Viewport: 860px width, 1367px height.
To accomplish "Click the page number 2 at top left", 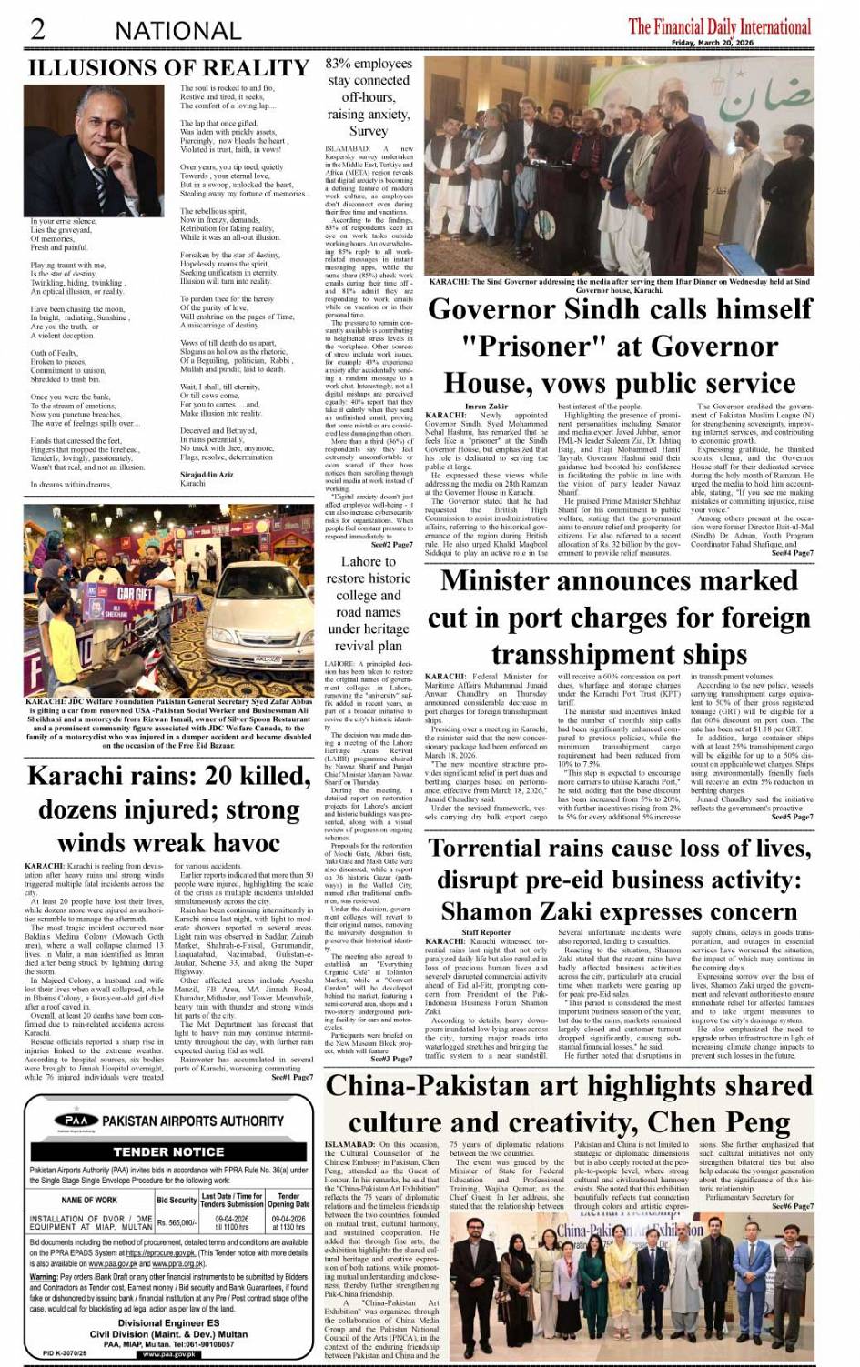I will point(38,28).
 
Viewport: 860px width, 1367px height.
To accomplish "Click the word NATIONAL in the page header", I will point(177,31).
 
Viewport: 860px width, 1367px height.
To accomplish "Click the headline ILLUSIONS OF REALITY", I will point(169,68).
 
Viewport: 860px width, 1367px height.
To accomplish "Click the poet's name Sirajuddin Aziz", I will point(207,475).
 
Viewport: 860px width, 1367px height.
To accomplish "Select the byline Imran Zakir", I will point(487,406).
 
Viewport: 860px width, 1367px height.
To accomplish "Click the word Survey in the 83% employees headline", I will point(368,131).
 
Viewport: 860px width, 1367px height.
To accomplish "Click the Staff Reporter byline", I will point(487,932).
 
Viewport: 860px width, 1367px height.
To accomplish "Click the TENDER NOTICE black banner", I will point(168,1151).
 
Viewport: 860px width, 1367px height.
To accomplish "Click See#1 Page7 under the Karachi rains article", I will point(292,1076).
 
